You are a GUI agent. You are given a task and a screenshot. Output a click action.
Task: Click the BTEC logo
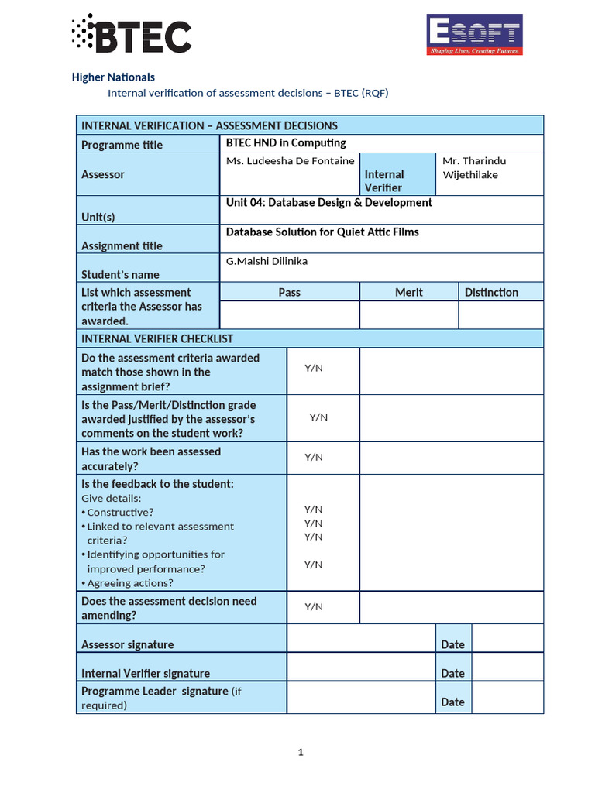pos(131,35)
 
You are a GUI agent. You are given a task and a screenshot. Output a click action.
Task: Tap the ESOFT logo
pos(475,35)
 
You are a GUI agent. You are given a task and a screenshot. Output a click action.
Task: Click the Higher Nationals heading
pos(113,77)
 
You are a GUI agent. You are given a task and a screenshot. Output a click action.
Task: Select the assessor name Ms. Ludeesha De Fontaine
pos(290,161)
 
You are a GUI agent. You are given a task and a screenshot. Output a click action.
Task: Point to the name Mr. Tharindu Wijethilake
pos(473,167)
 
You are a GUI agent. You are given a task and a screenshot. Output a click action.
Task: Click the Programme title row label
pos(122,145)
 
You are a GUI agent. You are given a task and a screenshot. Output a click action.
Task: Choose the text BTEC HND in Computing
pos(286,143)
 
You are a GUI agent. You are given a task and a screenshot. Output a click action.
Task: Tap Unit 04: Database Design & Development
pos(328,203)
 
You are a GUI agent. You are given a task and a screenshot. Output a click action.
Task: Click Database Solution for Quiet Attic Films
pos(322,232)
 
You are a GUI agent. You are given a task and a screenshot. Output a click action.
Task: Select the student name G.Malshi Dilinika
pos(267,262)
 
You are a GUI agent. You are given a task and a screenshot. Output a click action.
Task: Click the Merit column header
pos(408,292)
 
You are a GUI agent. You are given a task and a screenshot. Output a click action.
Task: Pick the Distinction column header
pos(491,292)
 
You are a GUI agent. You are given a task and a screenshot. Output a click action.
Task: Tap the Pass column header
pos(289,292)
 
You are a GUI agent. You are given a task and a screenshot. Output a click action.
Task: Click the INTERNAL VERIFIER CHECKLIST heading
pos(157,338)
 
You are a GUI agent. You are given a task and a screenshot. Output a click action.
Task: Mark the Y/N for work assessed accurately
pos(314,458)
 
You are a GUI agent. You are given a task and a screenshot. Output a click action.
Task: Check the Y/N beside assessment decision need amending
pos(314,607)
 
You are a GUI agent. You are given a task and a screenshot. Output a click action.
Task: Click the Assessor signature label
pos(127,644)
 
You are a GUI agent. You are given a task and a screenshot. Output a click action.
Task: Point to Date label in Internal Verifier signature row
pos(452,674)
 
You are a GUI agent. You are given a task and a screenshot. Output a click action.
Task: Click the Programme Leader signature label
pos(155,691)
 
